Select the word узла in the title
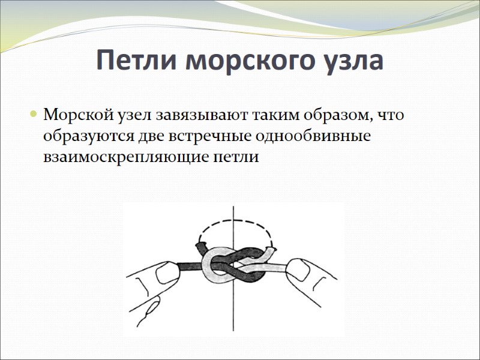(353, 61)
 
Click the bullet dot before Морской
(34, 114)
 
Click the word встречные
(209, 136)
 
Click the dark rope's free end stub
(200, 247)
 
